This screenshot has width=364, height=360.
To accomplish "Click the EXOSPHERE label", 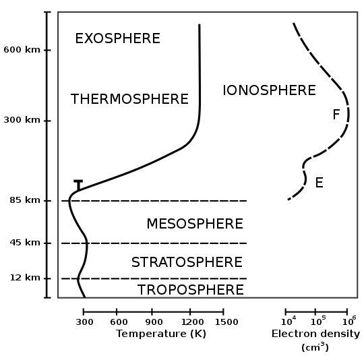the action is [x=118, y=38].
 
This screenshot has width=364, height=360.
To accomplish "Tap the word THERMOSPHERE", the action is [x=129, y=99].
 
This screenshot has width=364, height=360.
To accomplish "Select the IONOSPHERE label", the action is [x=269, y=90].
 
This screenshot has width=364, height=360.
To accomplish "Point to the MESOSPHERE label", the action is [x=195, y=224].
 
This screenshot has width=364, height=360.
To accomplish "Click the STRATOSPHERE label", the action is [x=187, y=262].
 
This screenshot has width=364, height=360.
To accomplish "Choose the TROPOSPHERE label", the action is [x=191, y=290].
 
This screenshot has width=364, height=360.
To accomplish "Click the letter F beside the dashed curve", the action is [x=336, y=115].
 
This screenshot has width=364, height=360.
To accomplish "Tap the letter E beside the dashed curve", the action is [x=320, y=183].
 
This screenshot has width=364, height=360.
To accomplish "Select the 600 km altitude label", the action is [x=22, y=50].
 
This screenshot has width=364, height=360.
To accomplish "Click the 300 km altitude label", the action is [x=22, y=120].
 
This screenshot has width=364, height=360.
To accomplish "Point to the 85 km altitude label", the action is [x=25, y=200].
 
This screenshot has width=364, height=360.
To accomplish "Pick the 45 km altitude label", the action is [x=25, y=243].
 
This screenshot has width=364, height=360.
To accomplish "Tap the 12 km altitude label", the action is [x=25, y=278].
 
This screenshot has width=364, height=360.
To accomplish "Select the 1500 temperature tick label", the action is [x=226, y=322].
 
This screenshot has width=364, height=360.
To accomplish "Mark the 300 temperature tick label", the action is [x=84, y=322].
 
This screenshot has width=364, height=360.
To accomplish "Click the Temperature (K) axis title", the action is [x=161, y=334].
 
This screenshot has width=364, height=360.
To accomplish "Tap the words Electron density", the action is [x=315, y=334].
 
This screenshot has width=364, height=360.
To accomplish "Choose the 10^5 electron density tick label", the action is [x=318, y=321].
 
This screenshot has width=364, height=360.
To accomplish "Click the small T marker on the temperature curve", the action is [x=78, y=185].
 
